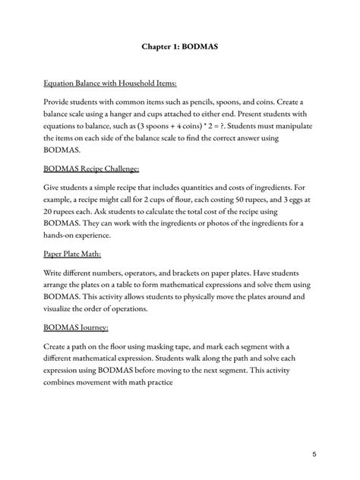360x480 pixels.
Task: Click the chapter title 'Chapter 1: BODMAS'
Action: (180, 46)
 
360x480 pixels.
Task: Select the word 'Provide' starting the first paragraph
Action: (59, 101)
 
